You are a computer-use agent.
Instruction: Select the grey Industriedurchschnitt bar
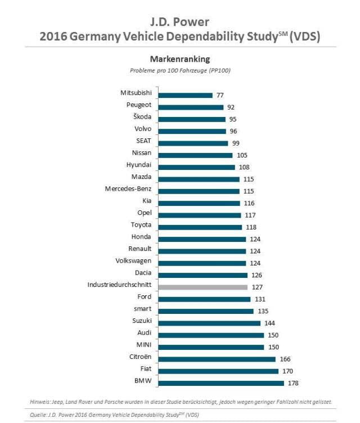203,286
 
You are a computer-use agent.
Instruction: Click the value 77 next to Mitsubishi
222,95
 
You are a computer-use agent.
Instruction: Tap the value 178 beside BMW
293,383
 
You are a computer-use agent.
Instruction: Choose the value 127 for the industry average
256,287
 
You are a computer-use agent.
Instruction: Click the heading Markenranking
179,58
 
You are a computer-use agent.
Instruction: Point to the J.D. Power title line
179,22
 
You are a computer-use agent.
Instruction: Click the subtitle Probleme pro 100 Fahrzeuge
180,70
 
